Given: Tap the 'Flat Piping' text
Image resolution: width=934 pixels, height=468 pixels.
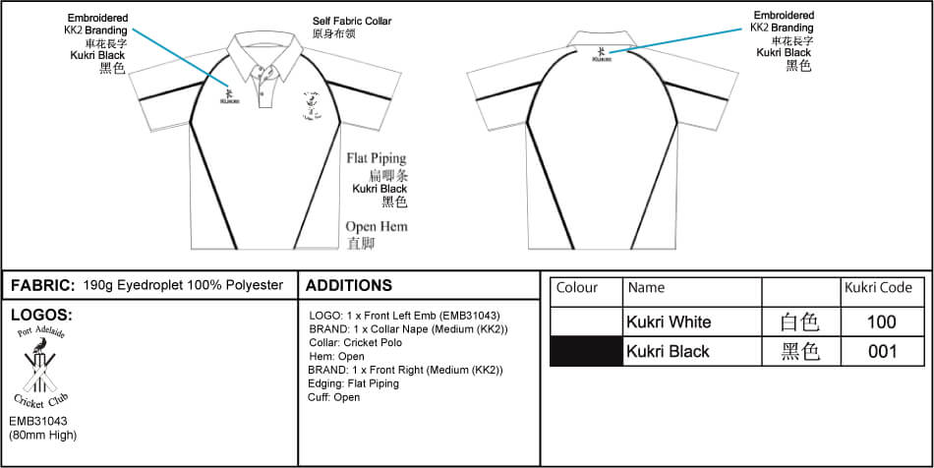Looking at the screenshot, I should point(377,158).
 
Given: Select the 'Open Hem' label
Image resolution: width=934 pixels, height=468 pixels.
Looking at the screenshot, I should point(376,227).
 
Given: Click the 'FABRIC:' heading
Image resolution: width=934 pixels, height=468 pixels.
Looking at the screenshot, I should point(42,285).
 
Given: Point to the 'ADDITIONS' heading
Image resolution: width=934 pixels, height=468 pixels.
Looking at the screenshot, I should point(349,285).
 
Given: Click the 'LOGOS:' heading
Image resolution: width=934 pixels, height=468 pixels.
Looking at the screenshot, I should point(40,315).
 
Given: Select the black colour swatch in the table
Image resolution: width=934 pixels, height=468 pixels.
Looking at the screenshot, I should point(586,351).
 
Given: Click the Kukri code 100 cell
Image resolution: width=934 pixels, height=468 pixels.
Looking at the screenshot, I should point(882,322).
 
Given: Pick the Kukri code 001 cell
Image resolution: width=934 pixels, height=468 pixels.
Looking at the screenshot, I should point(882,351).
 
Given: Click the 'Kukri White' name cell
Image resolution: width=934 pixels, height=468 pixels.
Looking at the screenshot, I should point(669,322).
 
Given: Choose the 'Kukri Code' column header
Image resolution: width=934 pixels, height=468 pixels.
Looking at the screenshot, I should point(878,288).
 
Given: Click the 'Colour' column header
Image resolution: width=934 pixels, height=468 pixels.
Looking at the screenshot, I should point(577,288).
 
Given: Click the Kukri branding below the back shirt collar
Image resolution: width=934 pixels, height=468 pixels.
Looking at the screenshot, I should point(602,54).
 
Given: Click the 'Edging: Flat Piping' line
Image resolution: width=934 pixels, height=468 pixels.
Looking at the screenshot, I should point(353,383).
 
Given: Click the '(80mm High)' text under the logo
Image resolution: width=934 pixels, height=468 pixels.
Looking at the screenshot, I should point(42,435).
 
